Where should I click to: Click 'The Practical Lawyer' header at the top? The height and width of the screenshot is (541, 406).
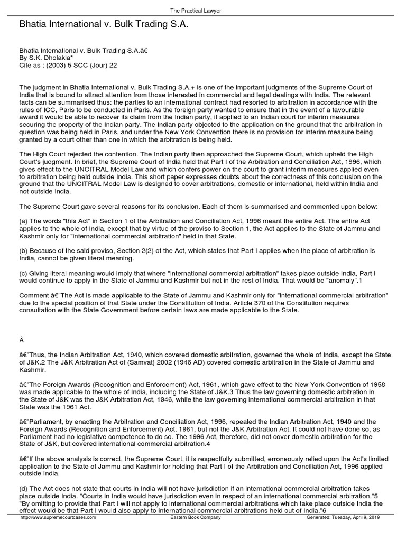point(203,11)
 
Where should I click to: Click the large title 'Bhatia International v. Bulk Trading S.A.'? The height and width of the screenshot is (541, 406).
point(104,24)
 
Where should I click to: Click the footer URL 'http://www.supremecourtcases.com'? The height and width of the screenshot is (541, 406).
point(58,533)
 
